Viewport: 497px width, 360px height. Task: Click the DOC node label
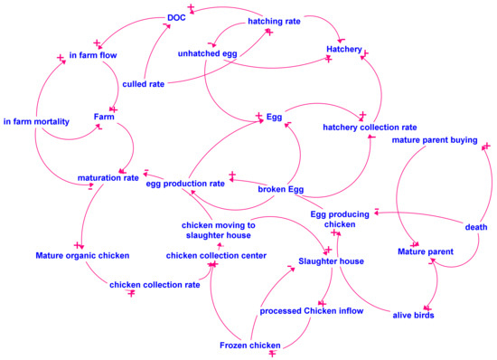(176, 16)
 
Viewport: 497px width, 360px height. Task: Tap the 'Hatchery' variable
(344, 48)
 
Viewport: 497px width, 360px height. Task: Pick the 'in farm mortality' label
(36, 121)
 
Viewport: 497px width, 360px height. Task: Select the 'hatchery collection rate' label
(370, 127)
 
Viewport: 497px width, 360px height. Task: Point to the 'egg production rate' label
(185, 184)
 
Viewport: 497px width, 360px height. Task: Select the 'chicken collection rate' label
(155, 285)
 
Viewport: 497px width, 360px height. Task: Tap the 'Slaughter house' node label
(331, 261)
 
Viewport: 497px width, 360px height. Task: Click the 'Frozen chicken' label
(248, 345)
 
